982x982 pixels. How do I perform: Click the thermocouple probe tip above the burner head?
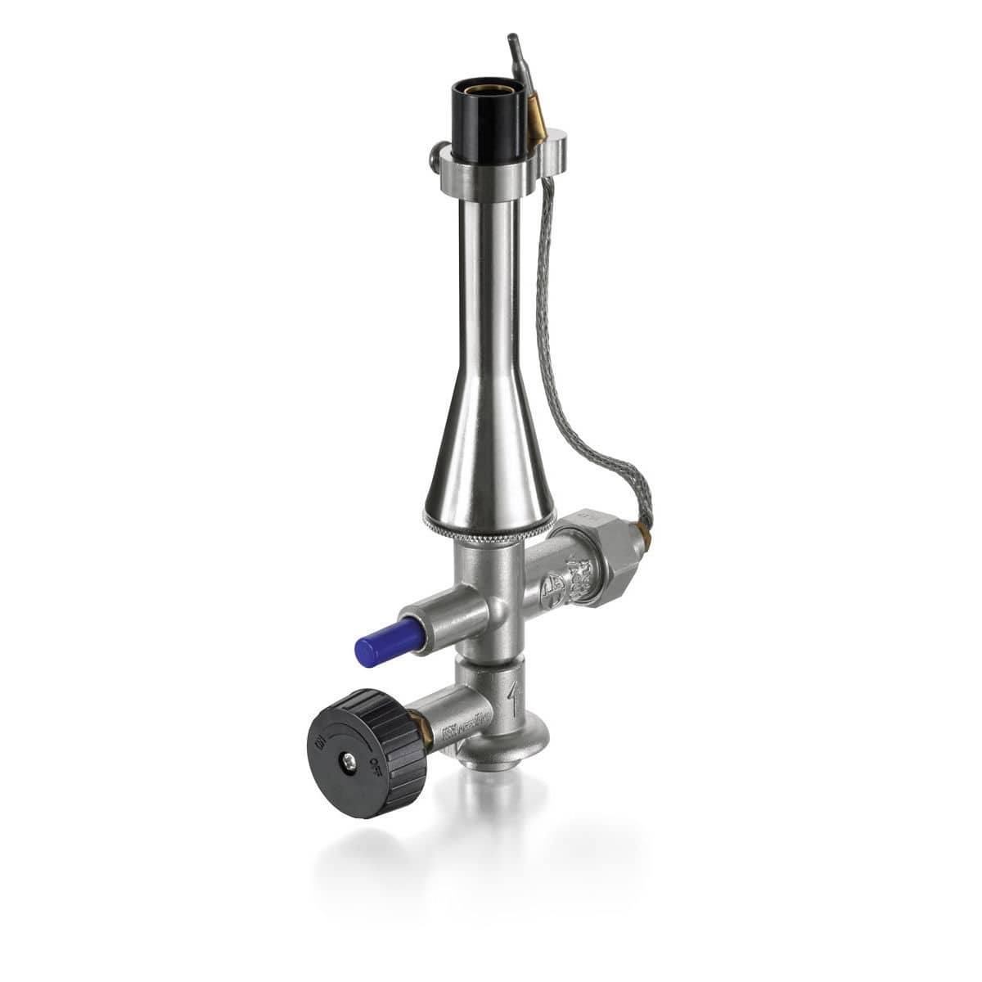[x=514, y=41]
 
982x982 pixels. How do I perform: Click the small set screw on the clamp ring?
[x=433, y=155]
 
